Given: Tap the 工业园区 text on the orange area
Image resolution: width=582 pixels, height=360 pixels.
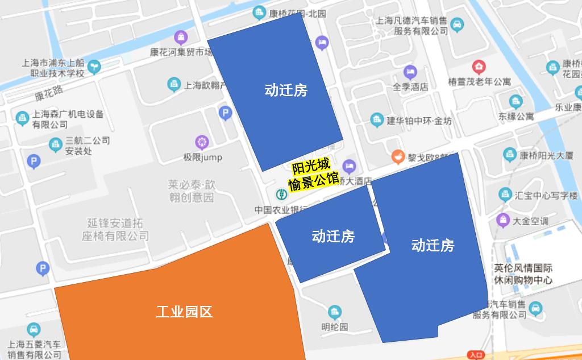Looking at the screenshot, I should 184,312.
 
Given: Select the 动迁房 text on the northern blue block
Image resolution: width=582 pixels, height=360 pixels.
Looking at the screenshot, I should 286,90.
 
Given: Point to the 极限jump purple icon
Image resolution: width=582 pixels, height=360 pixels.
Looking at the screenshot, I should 202,142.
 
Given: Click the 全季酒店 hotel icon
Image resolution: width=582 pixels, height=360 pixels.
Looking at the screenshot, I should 410,72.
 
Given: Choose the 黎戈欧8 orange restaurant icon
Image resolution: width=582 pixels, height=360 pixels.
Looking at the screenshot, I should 398,156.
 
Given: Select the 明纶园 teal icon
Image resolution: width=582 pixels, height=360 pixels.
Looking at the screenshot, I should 334,312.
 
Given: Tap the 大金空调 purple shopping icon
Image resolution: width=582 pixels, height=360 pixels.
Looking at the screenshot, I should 503,220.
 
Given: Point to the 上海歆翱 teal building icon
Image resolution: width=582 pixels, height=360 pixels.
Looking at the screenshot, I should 174,85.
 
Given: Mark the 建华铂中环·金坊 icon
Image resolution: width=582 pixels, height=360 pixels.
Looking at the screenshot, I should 376,120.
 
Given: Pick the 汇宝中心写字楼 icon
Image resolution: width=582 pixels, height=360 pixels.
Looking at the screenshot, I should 504,195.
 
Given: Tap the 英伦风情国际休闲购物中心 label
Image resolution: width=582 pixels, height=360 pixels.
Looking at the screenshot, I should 523,274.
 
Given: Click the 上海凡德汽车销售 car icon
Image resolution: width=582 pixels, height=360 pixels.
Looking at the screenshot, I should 457,25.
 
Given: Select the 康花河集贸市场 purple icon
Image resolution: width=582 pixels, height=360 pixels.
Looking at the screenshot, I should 181,38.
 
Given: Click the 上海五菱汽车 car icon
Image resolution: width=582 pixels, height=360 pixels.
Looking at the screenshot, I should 34,329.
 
